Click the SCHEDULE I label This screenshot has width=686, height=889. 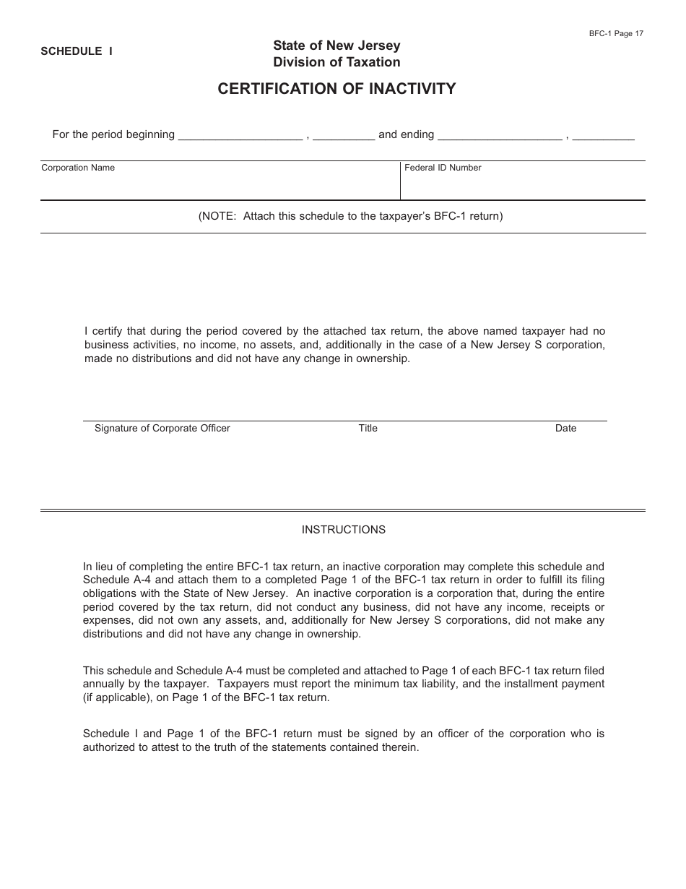point(77,51)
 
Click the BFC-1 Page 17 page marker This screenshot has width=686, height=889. point(616,33)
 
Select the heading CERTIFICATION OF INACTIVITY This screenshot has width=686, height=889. point(337,89)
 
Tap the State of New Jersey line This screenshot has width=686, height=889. point(337,46)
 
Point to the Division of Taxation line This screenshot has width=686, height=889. point(337,62)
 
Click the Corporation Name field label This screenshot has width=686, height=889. point(78,168)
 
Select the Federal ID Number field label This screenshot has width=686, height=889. point(443,168)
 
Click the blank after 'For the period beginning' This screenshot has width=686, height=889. point(240,134)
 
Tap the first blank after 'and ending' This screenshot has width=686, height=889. point(500,134)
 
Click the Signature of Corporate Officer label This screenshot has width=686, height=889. point(162,429)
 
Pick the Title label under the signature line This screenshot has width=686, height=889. point(368,429)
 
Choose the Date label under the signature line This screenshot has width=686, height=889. point(566,429)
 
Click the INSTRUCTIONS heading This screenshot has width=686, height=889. point(344,530)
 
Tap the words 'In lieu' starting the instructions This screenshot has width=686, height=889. point(100,567)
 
